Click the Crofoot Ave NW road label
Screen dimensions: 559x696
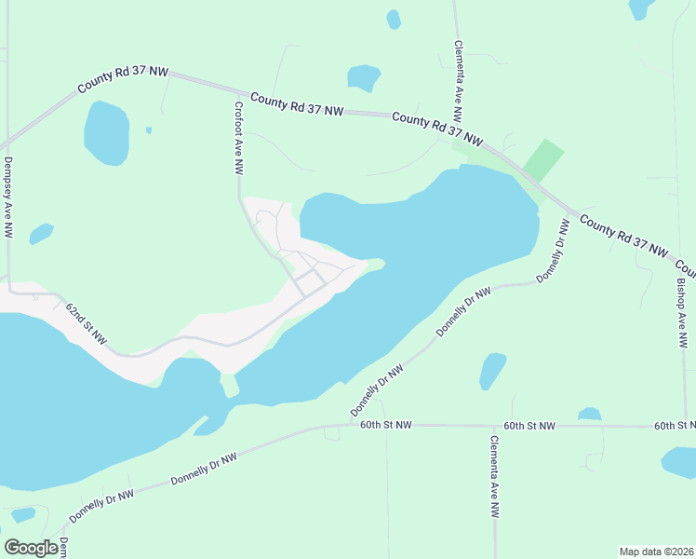point(238,139)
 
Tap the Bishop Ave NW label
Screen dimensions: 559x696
point(682,312)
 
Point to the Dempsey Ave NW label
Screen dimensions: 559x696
point(7,197)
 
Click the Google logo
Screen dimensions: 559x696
point(32,548)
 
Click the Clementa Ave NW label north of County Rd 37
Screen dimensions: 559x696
point(458,81)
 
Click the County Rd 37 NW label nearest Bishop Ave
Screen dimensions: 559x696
point(624,237)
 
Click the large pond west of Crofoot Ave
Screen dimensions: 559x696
point(106,132)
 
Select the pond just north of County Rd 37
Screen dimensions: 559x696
point(363,77)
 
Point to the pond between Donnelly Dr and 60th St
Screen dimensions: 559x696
point(492,370)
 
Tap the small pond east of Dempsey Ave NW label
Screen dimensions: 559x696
point(41,233)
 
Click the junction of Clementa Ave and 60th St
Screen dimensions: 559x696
point(495,426)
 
